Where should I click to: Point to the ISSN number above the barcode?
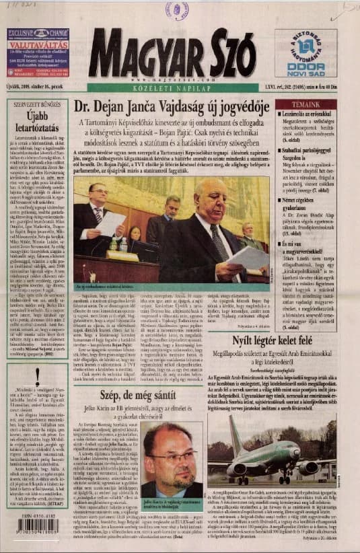[x=38, y=515]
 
